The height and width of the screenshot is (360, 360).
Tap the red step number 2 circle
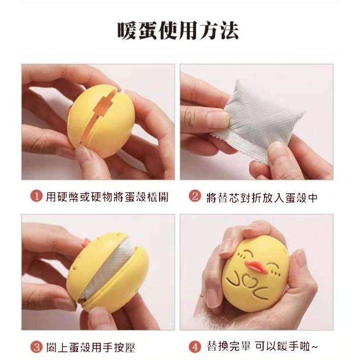click(194, 197)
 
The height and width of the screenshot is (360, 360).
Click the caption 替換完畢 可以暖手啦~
click(261, 347)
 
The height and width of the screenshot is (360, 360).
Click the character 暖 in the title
click(127, 30)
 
